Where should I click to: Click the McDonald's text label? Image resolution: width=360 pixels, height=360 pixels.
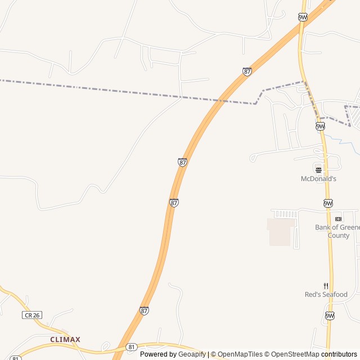pyautogui.click(x=318, y=179)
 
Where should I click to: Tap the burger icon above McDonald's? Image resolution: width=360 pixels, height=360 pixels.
pyautogui.click(x=318, y=169)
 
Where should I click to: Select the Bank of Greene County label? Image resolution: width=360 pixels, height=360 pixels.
pyautogui.click(x=337, y=231)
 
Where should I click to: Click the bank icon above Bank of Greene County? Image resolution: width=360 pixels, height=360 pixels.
pyautogui.click(x=338, y=219)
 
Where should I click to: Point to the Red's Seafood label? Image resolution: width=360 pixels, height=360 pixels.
pyautogui.click(x=326, y=294)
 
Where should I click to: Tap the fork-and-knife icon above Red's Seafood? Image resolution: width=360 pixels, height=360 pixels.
pyautogui.click(x=326, y=286)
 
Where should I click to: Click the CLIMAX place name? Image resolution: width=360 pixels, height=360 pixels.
pyautogui.click(x=65, y=340)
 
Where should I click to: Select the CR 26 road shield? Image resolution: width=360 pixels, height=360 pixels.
pyautogui.click(x=32, y=315)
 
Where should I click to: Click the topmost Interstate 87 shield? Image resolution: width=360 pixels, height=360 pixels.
pyautogui.click(x=247, y=71)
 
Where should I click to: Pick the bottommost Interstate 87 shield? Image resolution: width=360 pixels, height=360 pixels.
pyautogui.click(x=145, y=310)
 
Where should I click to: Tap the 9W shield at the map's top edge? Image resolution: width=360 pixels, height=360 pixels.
pyautogui.click(x=303, y=17)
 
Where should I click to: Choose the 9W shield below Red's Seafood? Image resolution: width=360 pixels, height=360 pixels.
pyautogui.click(x=329, y=316)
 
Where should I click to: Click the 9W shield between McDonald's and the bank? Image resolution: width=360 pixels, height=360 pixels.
pyautogui.click(x=328, y=203)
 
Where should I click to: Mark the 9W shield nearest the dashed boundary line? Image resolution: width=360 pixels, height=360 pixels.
pyautogui.click(x=320, y=126)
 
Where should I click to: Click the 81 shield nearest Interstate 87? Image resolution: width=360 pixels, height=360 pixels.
pyautogui.click(x=131, y=347)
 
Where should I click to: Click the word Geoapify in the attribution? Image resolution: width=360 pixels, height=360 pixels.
pyautogui.click(x=192, y=354)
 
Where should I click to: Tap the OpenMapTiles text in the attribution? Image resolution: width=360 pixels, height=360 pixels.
pyautogui.click(x=240, y=354)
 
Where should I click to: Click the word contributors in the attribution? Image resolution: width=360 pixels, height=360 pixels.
pyautogui.click(x=339, y=354)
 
